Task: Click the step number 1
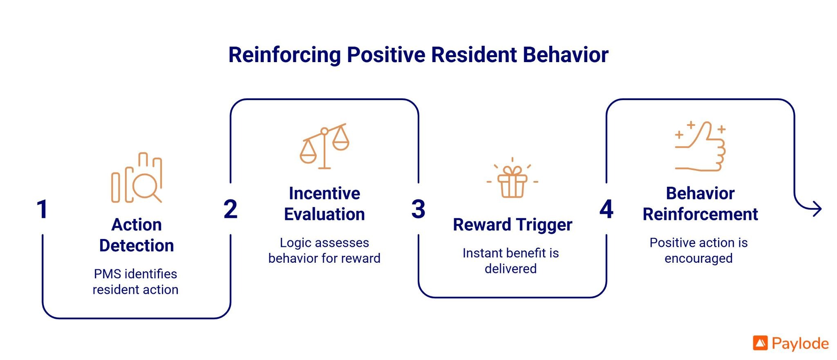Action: click(x=42, y=209)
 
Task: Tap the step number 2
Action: click(x=231, y=209)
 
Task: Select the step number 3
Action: click(x=418, y=209)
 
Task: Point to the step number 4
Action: click(x=606, y=209)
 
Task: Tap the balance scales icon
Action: click(x=325, y=146)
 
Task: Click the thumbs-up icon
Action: click(x=700, y=146)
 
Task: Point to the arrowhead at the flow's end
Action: click(x=817, y=209)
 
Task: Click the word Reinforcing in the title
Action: click(x=284, y=55)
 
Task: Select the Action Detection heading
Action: click(x=137, y=235)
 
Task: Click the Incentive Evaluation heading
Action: click(x=325, y=203)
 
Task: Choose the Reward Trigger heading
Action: click(x=512, y=225)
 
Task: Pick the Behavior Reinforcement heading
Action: click(x=700, y=203)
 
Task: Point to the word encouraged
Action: click(x=698, y=258)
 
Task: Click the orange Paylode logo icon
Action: click(x=760, y=343)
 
